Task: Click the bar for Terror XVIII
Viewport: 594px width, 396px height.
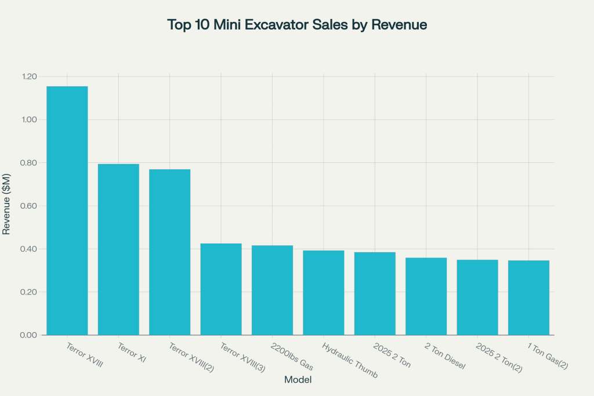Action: coord(67,210)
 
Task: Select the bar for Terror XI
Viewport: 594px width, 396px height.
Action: coord(118,249)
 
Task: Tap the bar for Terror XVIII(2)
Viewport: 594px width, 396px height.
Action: coord(169,252)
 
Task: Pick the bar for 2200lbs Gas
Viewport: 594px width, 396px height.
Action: coord(272,290)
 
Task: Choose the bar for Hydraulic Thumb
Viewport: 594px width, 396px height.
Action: coord(323,293)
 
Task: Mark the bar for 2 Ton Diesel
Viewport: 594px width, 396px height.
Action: coord(426,296)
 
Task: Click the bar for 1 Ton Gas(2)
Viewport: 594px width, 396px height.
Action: coord(528,297)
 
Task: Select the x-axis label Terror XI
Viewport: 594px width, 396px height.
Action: coord(132,351)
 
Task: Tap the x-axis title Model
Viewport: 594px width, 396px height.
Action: coord(298,380)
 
